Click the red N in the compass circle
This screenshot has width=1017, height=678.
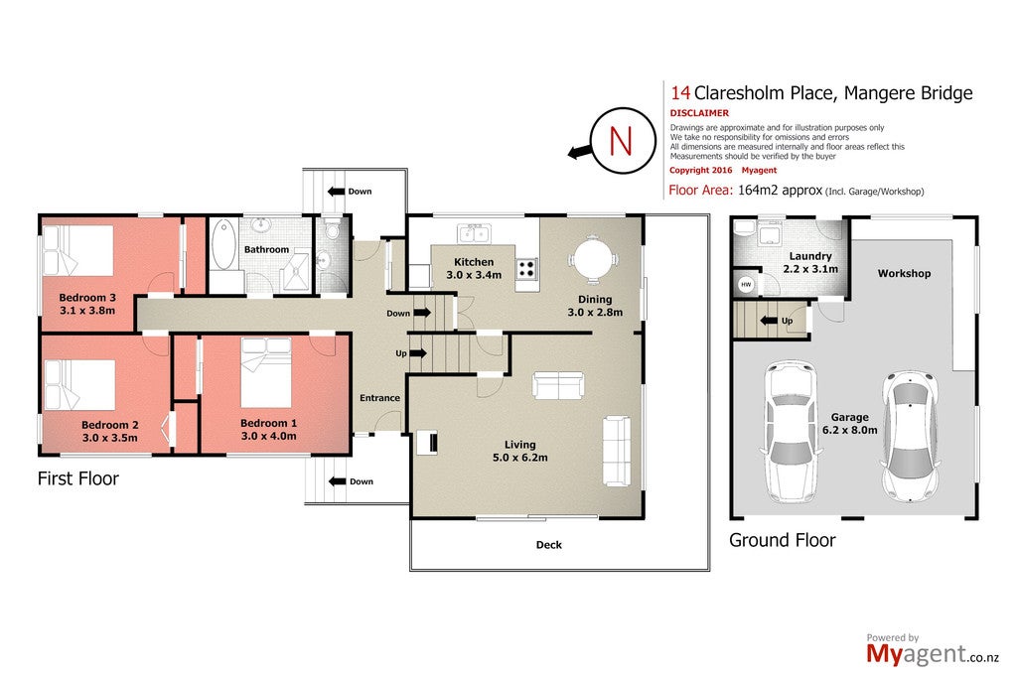click(621, 141)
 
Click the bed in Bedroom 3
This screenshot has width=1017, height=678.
click(77, 250)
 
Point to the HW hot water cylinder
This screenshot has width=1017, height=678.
click(746, 285)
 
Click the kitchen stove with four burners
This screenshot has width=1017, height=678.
click(526, 269)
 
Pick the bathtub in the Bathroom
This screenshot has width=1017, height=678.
click(224, 244)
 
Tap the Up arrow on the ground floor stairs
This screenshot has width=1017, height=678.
click(769, 321)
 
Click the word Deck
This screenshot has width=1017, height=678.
click(548, 545)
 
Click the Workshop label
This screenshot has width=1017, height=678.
click(904, 274)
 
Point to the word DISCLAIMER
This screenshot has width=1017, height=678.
click(699, 113)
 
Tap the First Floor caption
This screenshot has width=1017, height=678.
click(78, 478)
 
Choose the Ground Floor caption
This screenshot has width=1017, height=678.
click(783, 540)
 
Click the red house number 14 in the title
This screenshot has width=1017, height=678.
click(680, 93)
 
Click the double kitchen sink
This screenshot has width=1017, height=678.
click(474, 233)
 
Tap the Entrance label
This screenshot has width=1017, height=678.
click(380, 398)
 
